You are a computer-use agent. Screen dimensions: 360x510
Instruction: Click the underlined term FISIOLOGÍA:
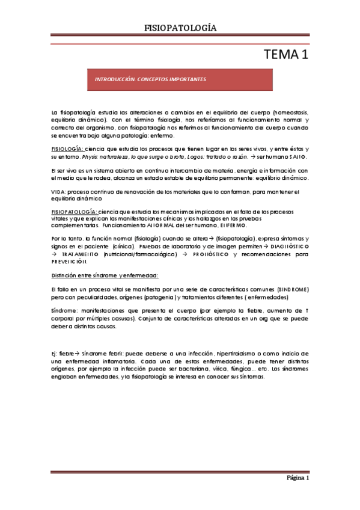click(x=67, y=149)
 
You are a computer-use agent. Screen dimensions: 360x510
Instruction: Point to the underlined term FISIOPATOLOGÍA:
click(x=74, y=212)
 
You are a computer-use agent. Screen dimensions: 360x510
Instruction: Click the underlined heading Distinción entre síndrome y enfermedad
click(x=105, y=275)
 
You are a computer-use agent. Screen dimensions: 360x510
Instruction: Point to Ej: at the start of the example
click(x=55, y=352)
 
